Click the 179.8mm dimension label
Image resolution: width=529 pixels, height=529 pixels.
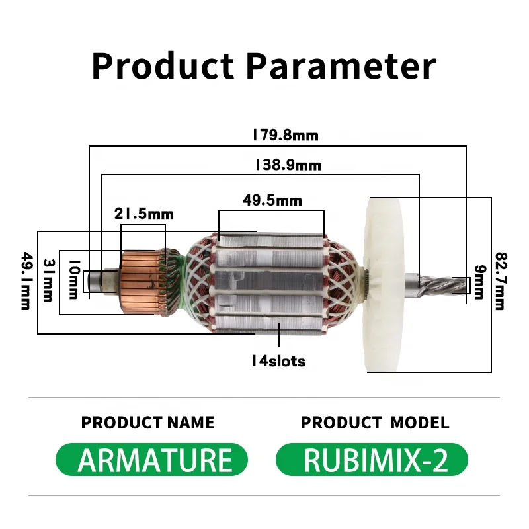tap(286, 136)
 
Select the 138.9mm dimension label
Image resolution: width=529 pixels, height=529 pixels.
tap(288, 165)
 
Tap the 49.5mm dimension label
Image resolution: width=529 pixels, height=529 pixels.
tap(272, 201)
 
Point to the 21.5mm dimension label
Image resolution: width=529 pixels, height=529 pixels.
tap(143, 214)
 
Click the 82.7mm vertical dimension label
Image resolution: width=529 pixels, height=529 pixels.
tap(501, 281)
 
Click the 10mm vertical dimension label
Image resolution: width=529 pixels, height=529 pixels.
tap(74, 279)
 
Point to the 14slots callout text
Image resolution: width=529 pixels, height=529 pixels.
tap(278, 361)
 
